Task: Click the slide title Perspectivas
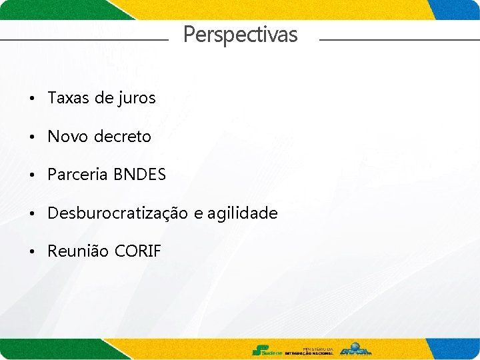(240, 34)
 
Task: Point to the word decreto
(123, 137)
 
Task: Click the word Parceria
(77, 175)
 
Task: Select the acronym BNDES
(139, 175)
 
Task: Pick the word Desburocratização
(117, 213)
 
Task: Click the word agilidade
(242, 213)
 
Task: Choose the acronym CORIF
(138, 251)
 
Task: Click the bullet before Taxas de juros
(32, 99)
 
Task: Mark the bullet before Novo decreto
(32, 137)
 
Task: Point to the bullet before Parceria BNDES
(32, 175)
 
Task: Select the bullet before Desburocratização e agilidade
(32, 214)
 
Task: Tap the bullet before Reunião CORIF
(32, 252)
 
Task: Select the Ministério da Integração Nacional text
(309, 351)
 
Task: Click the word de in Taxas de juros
(104, 98)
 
